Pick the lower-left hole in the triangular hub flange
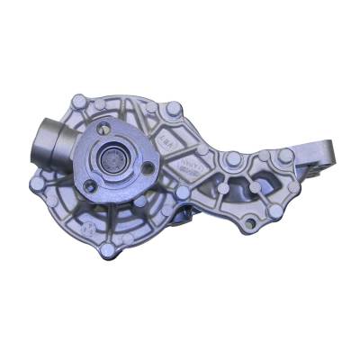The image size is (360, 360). pos(90,186)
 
